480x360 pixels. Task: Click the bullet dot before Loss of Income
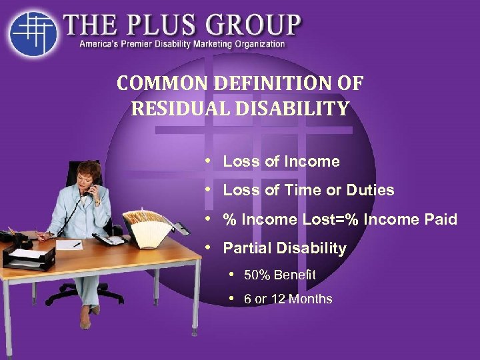tap(210, 161)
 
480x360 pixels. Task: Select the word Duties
tap(370, 191)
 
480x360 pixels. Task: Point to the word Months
tap(311, 299)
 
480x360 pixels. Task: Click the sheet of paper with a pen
tap(69, 245)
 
